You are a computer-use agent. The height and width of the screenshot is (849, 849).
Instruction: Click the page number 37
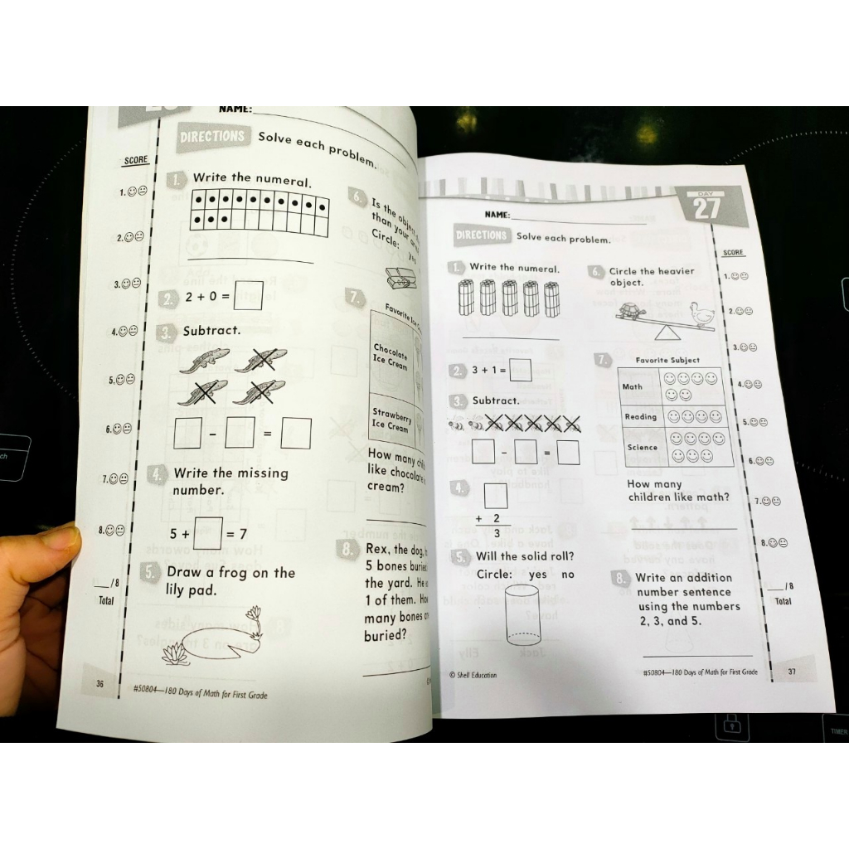[x=791, y=672]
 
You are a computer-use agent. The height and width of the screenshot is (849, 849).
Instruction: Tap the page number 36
[x=99, y=683]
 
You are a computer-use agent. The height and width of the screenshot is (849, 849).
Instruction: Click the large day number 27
[x=706, y=208]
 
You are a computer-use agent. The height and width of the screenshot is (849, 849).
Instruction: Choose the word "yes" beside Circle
[x=538, y=575]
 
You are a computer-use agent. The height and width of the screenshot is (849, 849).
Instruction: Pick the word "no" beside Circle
[x=568, y=575]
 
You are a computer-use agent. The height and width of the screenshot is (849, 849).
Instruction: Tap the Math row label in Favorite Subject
[x=633, y=387]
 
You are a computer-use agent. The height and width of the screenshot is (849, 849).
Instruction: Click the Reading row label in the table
[x=640, y=417]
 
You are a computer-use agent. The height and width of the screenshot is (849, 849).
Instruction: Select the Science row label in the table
[x=642, y=448]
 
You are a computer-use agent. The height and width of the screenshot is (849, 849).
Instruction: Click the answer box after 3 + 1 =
[x=520, y=370]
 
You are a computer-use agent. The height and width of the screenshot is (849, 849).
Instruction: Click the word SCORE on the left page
[x=135, y=160]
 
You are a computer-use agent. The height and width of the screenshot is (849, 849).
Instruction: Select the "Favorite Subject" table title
[x=667, y=361]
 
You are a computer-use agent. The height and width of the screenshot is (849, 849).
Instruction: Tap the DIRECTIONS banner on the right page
[x=481, y=235]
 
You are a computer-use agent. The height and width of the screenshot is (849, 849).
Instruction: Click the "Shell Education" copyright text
[x=473, y=675]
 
